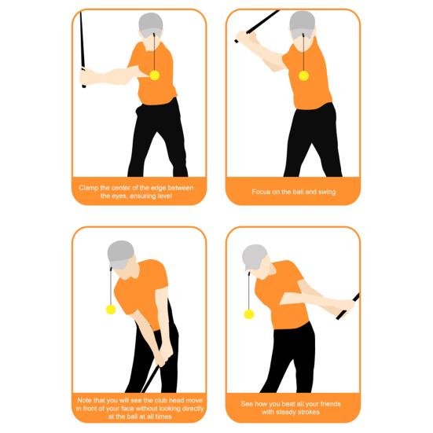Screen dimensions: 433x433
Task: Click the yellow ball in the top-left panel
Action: pos(154,75)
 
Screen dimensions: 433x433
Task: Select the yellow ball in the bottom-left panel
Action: pos(111,309)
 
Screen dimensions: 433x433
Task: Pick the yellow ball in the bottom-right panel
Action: pos(249,314)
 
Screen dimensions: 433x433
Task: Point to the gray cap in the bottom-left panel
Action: pos(121,251)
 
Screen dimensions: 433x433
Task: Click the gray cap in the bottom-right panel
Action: pos(254,255)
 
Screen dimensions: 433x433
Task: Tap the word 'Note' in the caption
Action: pos(86,399)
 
